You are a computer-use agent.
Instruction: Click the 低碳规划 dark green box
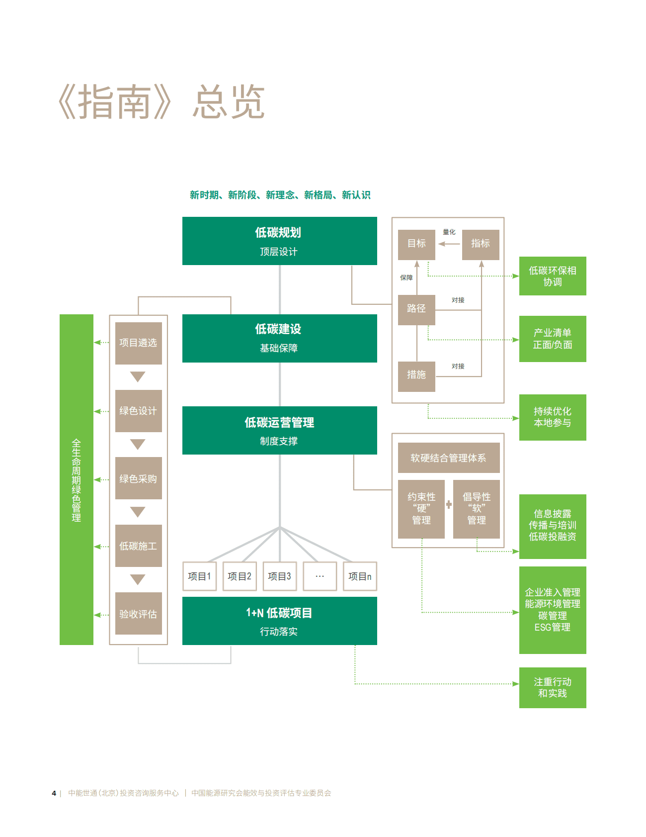279,241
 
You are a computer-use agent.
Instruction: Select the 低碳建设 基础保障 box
279,338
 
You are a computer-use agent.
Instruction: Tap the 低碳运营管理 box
279,430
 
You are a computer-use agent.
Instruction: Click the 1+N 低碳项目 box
279,621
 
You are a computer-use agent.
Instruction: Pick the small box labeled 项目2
240,576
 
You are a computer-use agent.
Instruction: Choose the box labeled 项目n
360,576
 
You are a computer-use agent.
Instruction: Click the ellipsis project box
320,576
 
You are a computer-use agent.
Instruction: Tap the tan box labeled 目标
416,244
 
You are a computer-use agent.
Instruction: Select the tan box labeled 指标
480,244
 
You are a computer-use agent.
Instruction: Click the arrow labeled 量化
449,244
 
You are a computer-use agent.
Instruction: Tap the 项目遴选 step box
138,343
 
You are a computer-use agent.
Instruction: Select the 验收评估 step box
138,614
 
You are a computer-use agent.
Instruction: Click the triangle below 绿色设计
138,444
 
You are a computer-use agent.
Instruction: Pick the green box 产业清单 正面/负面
552,339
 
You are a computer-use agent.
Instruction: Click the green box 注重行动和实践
552,687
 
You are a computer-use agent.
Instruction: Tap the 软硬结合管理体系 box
448,458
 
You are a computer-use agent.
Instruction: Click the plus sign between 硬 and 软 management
449,505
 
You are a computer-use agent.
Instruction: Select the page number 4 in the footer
54,793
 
